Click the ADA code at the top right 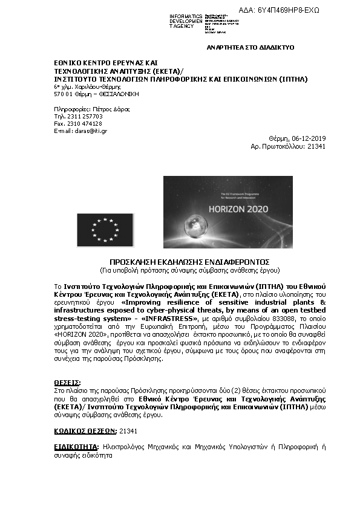click(288, 10)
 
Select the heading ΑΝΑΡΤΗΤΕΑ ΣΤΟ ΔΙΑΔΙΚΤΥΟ click(250, 47)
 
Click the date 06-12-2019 click(308, 138)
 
